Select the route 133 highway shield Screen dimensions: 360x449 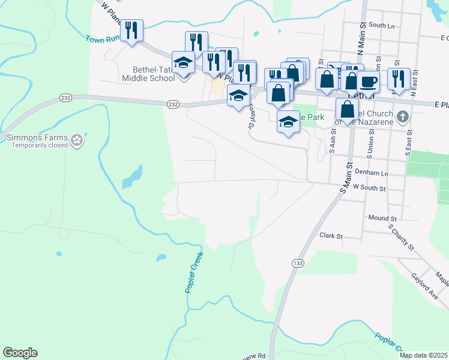point(297,263)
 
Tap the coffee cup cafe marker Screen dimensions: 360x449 point(368,82)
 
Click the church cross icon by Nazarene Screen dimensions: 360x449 point(402,115)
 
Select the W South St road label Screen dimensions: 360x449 point(368,188)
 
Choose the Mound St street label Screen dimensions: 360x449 point(382,218)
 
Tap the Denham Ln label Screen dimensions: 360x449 point(372,172)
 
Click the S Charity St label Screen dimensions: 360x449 point(401,237)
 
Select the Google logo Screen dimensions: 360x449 point(20,353)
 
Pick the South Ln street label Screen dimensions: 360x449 point(382,26)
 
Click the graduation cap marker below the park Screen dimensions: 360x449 point(288,122)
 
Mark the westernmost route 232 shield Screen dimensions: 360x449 point(65,97)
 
